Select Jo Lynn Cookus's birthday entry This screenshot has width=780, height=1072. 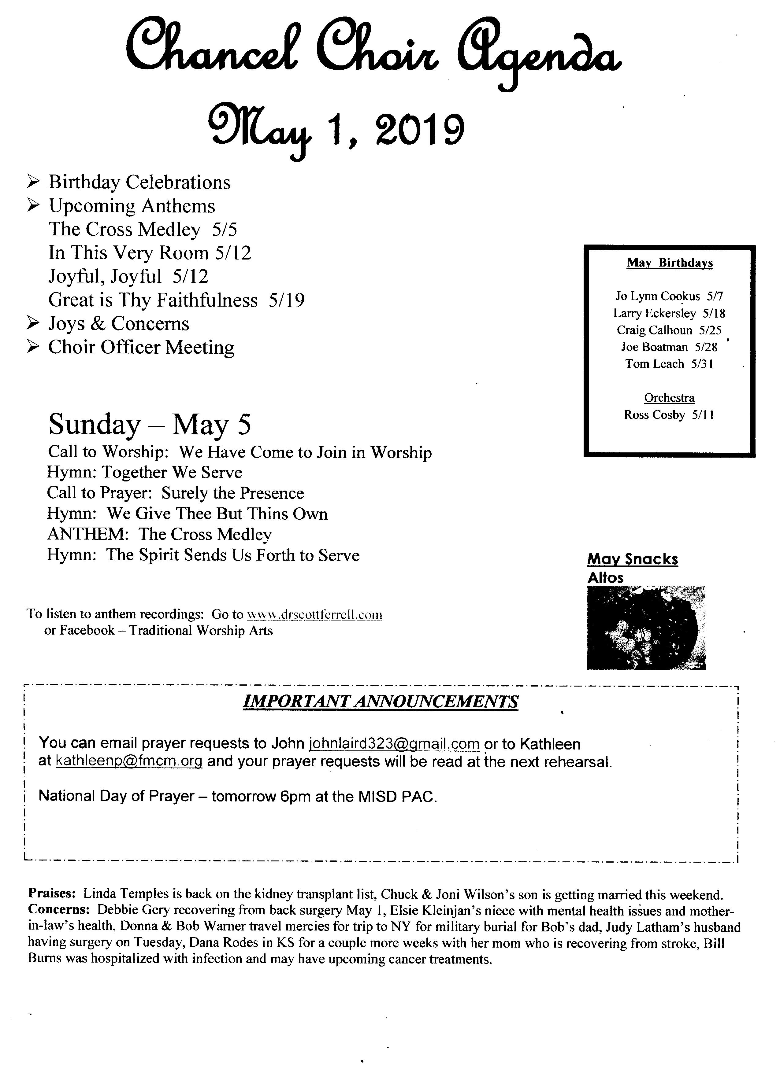pos(669,297)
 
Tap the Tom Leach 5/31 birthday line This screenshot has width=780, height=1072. pos(669,364)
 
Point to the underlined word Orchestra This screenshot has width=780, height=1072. pos(669,398)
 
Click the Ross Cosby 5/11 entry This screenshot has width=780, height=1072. pos(669,415)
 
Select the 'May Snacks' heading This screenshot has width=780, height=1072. pos(633,559)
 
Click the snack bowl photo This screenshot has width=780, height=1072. pos(646,628)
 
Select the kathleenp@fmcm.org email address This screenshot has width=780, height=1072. pos(129,761)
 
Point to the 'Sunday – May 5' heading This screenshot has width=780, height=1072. pos(150,425)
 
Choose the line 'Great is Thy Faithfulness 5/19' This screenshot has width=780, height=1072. pos(176,300)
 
